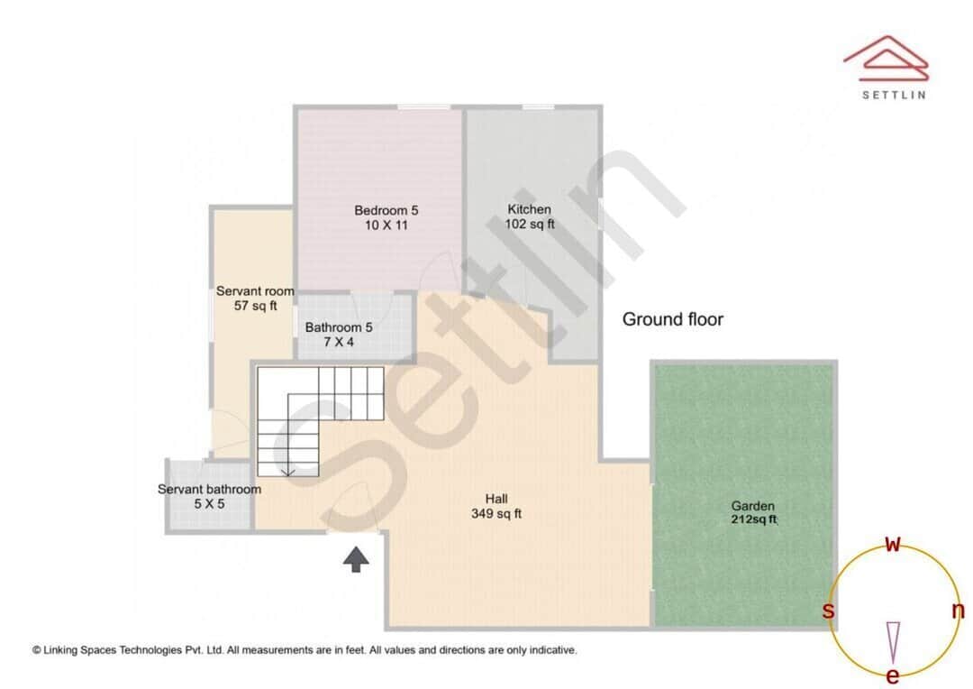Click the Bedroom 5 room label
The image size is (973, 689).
click(x=386, y=210)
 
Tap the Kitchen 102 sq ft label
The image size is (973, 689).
click(x=530, y=217)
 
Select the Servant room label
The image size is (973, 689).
click(x=254, y=291)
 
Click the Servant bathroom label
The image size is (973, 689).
click(x=209, y=490)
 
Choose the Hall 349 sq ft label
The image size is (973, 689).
click(x=496, y=507)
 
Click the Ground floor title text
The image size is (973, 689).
click(x=673, y=319)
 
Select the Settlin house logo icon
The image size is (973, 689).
click(x=886, y=59)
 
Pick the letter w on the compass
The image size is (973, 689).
click(x=893, y=544)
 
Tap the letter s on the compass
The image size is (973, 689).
click(x=828, y=611)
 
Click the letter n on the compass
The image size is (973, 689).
click(x=958, y=611)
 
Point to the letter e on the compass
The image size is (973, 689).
click(x=893, y=675)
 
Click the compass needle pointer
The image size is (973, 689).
click(x=893, y=641)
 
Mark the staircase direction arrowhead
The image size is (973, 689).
click(x=288, y=471)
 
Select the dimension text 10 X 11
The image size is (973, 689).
click(x=386, y=225)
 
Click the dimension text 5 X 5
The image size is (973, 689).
click(x=209, y=503)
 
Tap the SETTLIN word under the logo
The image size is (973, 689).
click(x=893, y=94)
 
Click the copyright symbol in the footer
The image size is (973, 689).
click(x=37, y=649)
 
